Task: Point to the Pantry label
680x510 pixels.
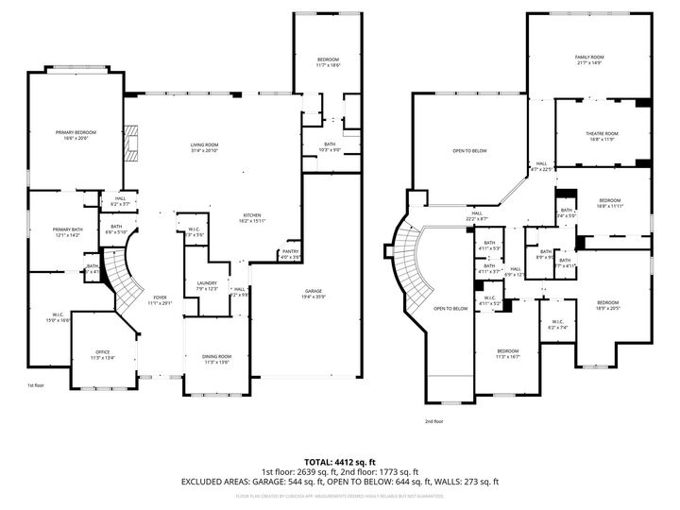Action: pos(290,251)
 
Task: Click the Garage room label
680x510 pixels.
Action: pos(314,290)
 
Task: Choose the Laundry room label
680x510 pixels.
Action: pos(207,282)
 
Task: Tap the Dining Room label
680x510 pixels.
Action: pos(216,357)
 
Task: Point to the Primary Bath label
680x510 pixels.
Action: pos(66,229)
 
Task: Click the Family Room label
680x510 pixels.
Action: pos(589,58)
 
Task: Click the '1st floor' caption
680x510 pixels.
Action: pos(36,385)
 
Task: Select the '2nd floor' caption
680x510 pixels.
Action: pos(433,421)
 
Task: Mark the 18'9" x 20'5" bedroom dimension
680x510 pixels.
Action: pos(610,308)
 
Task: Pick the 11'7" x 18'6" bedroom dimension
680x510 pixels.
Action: pos(328,66)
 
